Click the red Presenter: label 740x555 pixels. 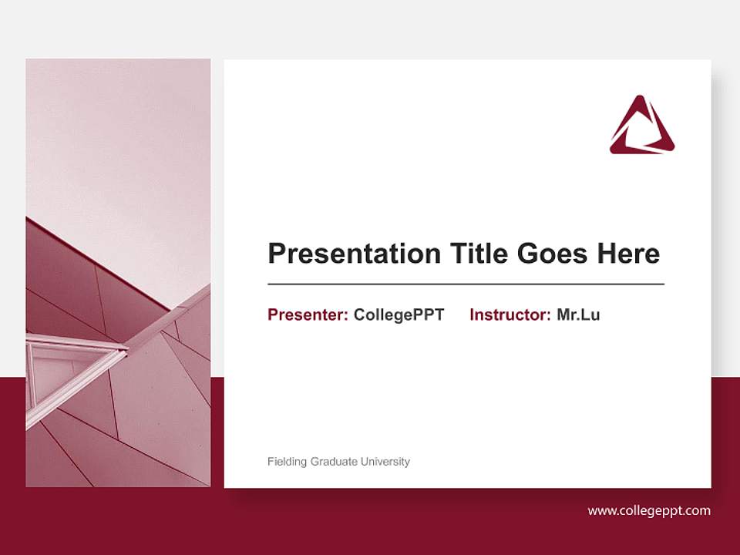coord(308,314)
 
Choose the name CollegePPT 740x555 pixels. coord(399,314)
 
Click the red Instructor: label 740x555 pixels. coord(510,314)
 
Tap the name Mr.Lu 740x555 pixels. coord(578,314)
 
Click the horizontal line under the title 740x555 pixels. coord(466,284)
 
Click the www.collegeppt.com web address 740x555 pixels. coord(649,510)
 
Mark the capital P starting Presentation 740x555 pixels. coord(276,254)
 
